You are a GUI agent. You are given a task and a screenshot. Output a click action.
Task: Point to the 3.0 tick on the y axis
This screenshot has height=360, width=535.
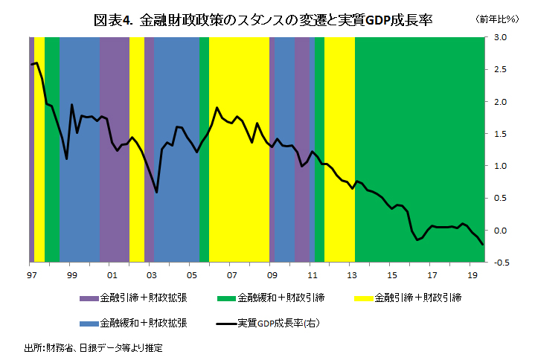click(499, 37)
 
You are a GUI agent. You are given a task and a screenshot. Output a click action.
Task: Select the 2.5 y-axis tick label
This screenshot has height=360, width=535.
click(499, 69)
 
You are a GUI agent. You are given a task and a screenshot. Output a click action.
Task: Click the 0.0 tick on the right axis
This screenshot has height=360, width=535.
click(499, 231)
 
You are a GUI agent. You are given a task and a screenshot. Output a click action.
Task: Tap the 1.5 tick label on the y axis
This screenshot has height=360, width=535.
click(499, 134)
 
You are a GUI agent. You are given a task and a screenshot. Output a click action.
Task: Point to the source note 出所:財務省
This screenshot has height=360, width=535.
click(93, 347)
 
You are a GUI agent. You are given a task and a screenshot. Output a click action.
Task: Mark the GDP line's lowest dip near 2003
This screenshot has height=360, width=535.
click(156, 192)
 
